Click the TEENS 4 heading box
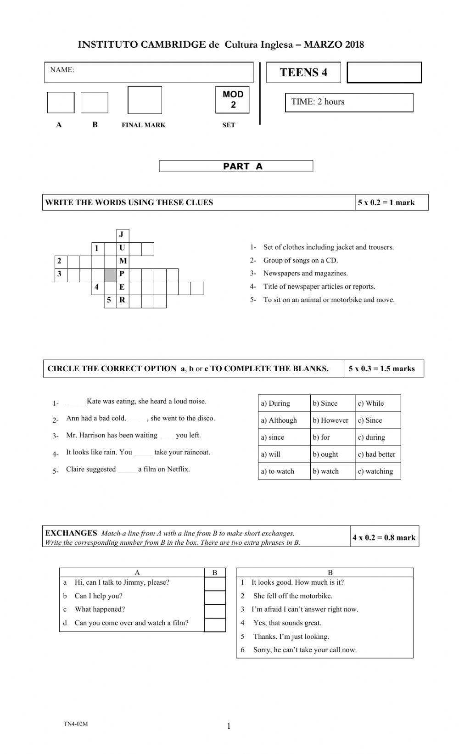point(303,73)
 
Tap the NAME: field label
point(62,70)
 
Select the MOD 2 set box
point(233,99)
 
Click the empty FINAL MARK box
point(145,100)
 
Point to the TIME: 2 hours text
point(318,102)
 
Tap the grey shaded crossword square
point(110,275)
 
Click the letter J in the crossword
point(122,235)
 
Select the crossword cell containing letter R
point(122,301)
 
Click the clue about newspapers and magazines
point(305,274)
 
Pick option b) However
point(330,420)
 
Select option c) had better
point(376,454)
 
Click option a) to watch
point(278,471)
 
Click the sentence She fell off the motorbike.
point(292,596)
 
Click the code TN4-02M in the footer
point(76,724)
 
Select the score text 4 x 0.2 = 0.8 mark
point(384,537)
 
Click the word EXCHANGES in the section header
point(71,533)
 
